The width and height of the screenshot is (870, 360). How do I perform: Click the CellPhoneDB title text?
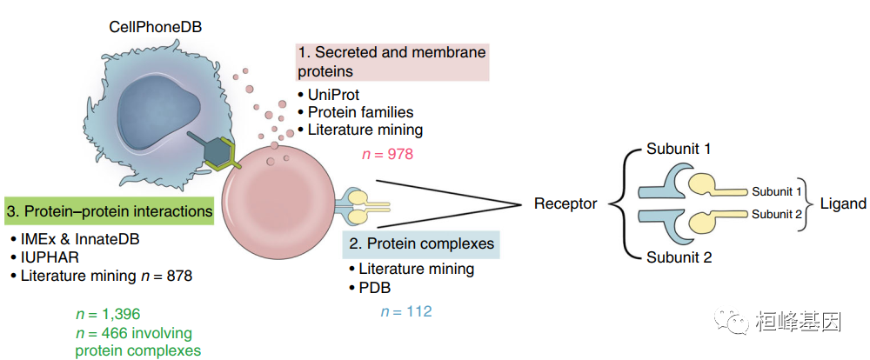(x=154, y=27)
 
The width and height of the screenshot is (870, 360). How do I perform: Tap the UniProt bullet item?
(x=333, y=95)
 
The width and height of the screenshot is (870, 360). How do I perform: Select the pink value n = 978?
(x=386, y=154)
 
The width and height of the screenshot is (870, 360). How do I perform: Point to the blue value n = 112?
(x=405, y=310)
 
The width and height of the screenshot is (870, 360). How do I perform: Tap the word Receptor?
(x=565, y=204)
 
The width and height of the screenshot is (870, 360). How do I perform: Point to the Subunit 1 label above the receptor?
(x=679, y=149)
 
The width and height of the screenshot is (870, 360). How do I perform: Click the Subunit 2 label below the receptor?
(x=679, y=258)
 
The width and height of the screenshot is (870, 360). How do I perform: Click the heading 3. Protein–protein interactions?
(x=109, y=211)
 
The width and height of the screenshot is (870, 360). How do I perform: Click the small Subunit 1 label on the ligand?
(x=777, y=191)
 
